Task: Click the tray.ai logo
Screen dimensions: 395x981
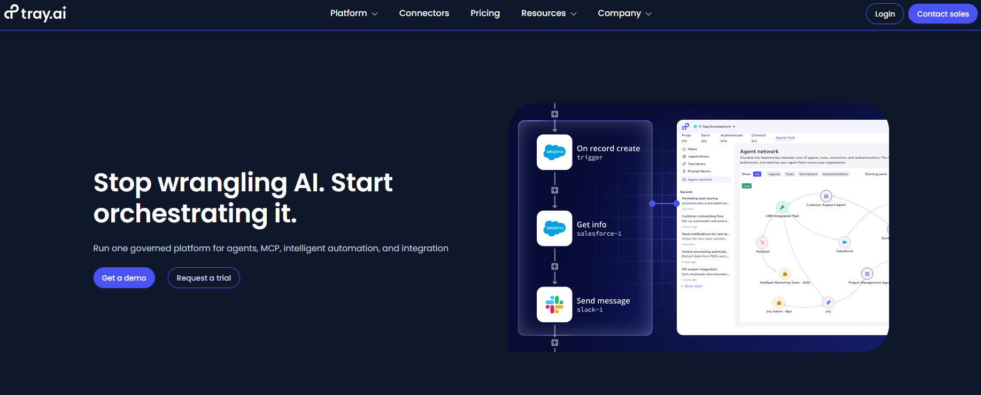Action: (x=35, y=13)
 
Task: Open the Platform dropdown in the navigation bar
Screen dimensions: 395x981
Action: (x=353, y=13)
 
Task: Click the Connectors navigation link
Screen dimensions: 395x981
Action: (x=424, y=13)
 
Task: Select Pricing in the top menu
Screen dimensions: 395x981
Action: (x=485, y=13)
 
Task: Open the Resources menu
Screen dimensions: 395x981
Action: (x=549, y=13)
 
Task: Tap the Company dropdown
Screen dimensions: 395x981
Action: (x=624, y=13)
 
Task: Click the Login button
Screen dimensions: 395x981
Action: (x=884, y=14)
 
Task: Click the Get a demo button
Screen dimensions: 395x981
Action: (x=124, y=278)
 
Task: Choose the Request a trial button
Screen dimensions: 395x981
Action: (x=204, y=278)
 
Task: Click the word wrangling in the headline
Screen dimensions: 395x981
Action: (x=222, y=183)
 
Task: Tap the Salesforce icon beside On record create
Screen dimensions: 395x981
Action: (x=554, y=152)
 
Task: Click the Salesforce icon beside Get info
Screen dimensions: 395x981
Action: (x=554, y=228)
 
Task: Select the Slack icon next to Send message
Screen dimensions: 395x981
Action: (x=554, y=305)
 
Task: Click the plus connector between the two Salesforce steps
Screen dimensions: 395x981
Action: (x=554, y=190)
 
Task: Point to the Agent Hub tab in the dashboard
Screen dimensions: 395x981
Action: (x=785, y=138)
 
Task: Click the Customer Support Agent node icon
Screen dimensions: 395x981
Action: (x=826, y=196)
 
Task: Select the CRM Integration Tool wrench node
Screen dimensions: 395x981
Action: (x=782, y=207)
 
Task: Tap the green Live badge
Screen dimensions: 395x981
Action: (x=747, y=186)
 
